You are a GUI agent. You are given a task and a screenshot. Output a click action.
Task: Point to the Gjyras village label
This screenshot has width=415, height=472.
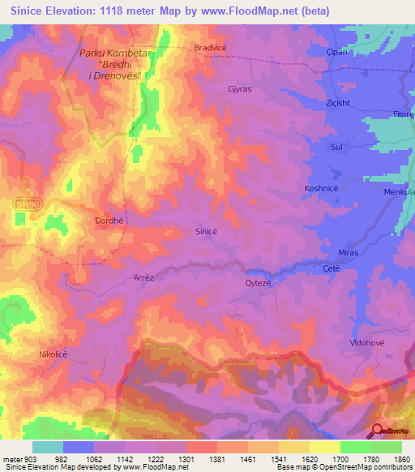[242, 91]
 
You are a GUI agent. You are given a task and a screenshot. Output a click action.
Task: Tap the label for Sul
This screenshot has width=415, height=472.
[336, 147]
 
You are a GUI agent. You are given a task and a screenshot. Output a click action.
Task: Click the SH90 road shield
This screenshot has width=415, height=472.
[25, 206]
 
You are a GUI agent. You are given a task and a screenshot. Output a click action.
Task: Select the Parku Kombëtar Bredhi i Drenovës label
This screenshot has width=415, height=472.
[111, 64]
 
